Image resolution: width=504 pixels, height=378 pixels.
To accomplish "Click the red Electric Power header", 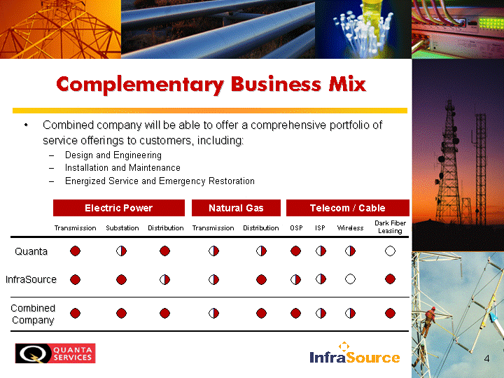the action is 118,208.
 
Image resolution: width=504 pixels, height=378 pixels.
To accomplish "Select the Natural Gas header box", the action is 236,208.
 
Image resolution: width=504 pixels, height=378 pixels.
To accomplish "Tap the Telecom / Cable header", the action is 347,208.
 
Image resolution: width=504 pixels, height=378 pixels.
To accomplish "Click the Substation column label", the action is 122,228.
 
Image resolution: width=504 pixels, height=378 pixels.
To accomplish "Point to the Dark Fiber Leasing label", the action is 390,227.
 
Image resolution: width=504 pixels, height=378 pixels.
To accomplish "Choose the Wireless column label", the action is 350,228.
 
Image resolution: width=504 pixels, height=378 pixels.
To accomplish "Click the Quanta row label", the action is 31,251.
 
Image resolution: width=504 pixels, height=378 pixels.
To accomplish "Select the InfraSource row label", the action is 31,279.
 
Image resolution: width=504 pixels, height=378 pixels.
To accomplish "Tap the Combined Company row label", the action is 33,314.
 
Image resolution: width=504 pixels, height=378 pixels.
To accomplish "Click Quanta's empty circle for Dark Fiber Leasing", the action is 390,251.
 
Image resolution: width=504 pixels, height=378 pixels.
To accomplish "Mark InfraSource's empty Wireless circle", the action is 350,279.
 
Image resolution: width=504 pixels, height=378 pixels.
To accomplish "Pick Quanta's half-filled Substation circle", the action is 121,251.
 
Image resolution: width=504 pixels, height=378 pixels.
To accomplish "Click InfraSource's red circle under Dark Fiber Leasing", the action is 390,279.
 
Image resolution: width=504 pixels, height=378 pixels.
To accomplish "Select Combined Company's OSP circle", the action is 295,313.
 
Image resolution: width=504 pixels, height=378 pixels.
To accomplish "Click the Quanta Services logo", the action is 55,353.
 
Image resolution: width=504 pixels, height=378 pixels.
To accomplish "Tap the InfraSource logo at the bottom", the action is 355,353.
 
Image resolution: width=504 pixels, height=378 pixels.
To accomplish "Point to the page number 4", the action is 486,358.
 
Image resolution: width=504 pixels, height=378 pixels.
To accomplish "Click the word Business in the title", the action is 276,84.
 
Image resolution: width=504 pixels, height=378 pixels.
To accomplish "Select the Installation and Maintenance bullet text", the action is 122,168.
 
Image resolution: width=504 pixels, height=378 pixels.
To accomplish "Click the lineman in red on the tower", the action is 429,321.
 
